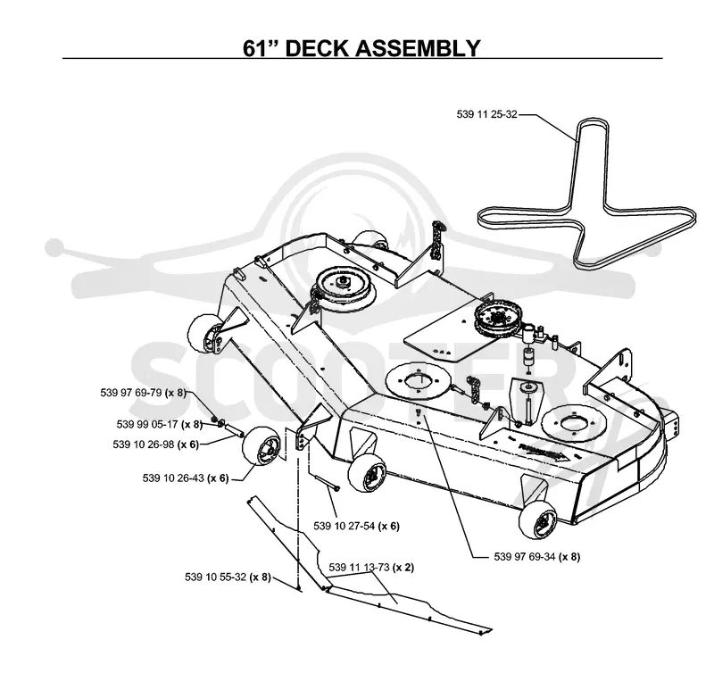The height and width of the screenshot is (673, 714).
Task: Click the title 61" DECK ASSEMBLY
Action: coord(361,48)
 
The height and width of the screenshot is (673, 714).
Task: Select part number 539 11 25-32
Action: coord(486,114)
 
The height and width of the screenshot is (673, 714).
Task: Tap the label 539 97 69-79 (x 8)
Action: coord(143,393)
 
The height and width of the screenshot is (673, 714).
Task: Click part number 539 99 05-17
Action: coord(147,424)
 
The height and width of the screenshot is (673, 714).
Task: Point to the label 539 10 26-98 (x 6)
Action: coord(155,444)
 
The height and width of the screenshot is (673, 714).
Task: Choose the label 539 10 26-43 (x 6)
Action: coord(186,478)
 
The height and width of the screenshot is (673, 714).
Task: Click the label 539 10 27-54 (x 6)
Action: coord(356,526)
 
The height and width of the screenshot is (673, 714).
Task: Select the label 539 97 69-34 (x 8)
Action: coord(537,556)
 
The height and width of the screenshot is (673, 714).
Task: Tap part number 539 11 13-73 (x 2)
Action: coord(371,568)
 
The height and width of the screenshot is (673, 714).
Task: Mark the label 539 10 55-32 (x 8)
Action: coord(228,577)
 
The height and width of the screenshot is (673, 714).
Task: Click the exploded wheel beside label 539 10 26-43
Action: coord(262,448)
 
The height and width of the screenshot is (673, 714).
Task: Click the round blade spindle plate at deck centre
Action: coord(418,381)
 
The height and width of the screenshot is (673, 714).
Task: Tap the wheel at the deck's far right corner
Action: coord(538,522)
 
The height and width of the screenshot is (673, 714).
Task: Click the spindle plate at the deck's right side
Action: coord(571,424)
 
